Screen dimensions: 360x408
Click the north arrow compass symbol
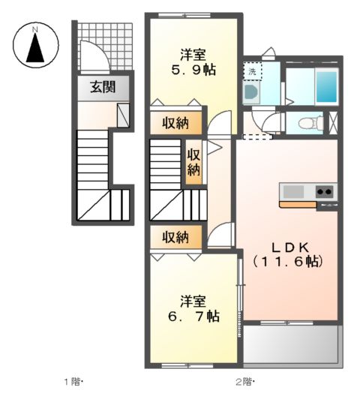click(36, 45)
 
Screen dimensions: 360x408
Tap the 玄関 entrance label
click(103, 87)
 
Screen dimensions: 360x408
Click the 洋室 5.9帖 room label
click(193, 62)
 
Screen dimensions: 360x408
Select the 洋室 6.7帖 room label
click(193, 309)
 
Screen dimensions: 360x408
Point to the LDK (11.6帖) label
click(288, 254)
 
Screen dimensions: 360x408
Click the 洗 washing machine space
click(252, 71)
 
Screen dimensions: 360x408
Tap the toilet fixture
click(310, 122)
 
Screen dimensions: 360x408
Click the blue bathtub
click(327, 85)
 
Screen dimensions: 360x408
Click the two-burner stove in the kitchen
click(325, 192)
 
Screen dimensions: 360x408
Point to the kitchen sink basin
click(293, 192)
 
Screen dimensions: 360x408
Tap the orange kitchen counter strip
click(298, 205)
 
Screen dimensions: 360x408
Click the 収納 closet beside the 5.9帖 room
click(175, 123)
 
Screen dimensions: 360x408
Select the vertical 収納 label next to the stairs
click(193, 162)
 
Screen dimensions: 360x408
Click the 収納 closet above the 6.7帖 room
click(175, 237)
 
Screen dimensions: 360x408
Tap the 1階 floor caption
click(73, 382)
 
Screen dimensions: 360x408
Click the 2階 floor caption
click(244, 382)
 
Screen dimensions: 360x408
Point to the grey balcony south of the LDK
click(290, 343)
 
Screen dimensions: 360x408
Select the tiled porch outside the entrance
click(105, 46)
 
